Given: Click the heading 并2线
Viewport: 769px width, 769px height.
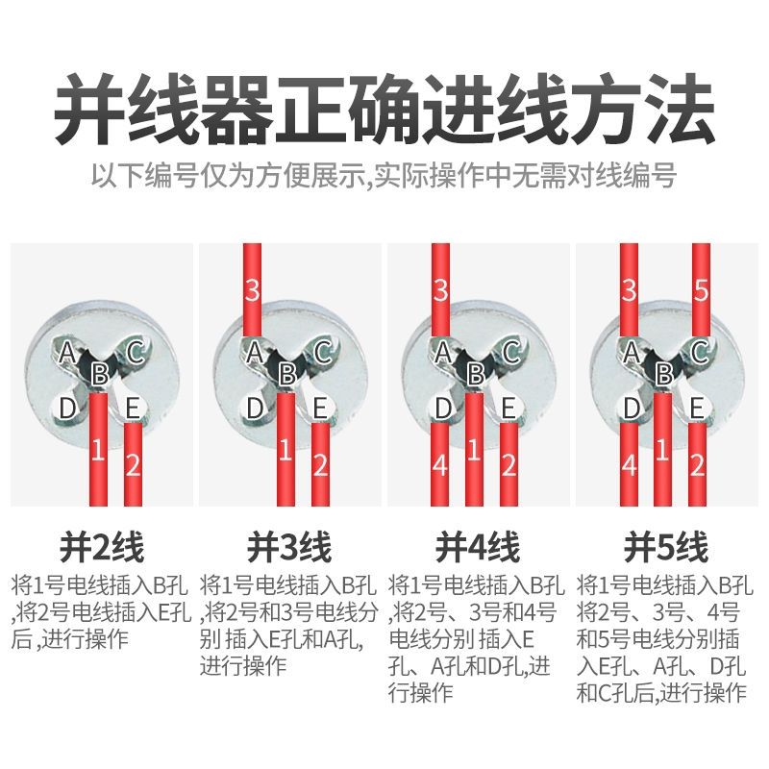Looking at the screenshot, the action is [102, 547].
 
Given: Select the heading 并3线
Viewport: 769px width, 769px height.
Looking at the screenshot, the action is [289, 547].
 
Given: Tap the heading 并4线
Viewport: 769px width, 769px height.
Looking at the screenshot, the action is [478, 547].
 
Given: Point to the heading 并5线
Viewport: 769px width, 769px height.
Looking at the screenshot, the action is [666, 547].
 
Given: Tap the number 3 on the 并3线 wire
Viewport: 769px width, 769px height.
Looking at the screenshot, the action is [252, 290].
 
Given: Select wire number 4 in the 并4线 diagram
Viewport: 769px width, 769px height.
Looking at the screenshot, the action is [440, 464].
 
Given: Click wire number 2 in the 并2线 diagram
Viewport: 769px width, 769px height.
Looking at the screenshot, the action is [133, 464].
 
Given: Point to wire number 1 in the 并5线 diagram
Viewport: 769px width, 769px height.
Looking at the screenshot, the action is [662, 449].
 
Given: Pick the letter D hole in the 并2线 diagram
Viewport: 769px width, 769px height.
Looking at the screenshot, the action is [67, 408].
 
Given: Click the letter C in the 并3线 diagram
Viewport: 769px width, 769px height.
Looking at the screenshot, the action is [322, 352].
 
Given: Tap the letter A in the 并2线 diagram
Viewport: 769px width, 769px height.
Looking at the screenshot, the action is [67, 352].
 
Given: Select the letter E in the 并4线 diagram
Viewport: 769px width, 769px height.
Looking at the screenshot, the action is [509, 408].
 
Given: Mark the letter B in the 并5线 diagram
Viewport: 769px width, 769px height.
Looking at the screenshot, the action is [663, 374].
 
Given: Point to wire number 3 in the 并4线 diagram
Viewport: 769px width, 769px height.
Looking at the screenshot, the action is [440, 290].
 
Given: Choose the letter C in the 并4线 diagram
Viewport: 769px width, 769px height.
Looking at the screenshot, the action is [510, 352].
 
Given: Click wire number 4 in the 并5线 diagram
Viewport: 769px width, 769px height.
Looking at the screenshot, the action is [630, 464].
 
